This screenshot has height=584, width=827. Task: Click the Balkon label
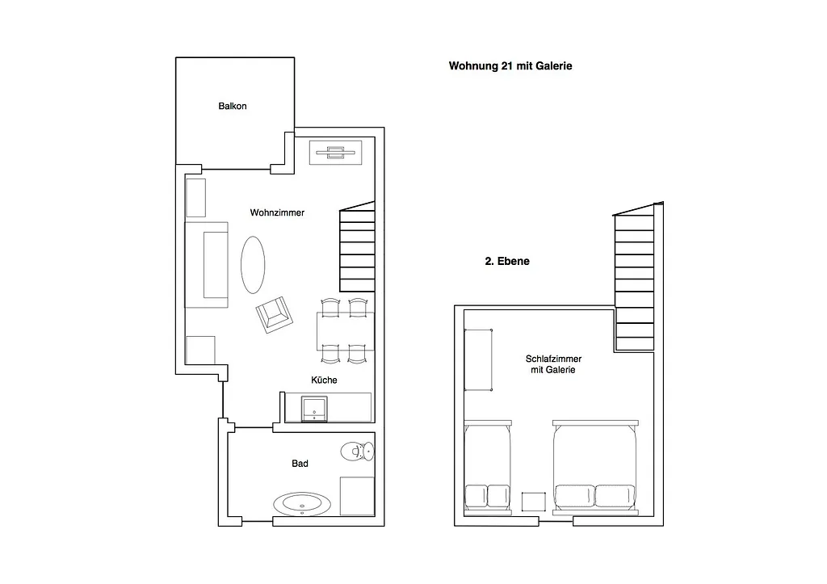click(233, 106)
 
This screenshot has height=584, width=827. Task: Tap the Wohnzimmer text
click(278, 212)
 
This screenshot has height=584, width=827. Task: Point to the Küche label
click(324, 380)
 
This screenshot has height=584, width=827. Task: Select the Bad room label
click(300, 464)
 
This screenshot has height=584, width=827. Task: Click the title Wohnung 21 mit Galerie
click(510, 66)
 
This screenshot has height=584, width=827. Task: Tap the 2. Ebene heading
click(507, 261)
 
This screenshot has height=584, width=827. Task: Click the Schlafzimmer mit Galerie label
click(553, 364)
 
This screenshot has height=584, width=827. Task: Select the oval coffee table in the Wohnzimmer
click(253, 265)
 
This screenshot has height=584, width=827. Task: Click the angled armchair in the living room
click(275, 315)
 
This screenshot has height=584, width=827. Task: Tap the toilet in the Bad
click(357, 452)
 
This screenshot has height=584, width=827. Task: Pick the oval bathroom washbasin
click(302, 504)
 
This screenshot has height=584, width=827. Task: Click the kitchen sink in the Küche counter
click(314, 409)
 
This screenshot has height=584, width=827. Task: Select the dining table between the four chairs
click(346, 331)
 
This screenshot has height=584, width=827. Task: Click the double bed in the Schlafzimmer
click(595, 467)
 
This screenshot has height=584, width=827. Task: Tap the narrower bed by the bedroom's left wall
click(488, 467)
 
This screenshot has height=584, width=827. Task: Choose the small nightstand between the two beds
click(534, 502)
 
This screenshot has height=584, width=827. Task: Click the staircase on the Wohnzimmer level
click(357, 247)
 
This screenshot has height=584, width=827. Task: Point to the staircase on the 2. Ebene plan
click(635, 277)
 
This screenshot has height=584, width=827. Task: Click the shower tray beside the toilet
click(357, 496)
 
